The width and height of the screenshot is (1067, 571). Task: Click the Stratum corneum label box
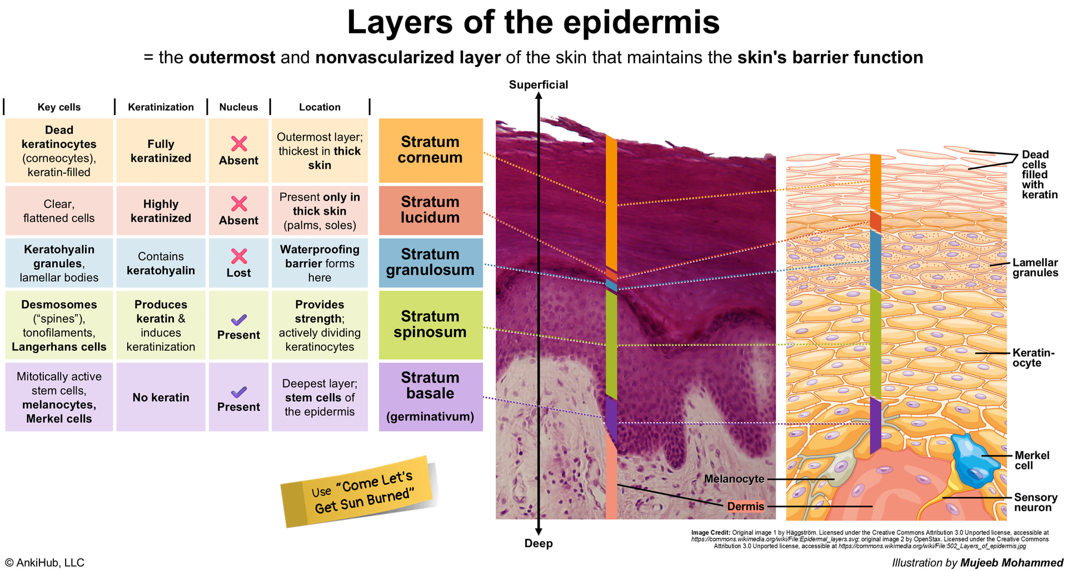(430, 150)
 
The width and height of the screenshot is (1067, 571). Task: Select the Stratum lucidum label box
(430, 210)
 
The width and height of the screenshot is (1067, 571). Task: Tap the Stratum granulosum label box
(430, 262)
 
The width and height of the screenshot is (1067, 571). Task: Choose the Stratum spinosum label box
(430, 325)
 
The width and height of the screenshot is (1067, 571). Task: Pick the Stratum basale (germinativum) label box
(430, 396)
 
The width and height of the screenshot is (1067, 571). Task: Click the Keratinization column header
(161, 107)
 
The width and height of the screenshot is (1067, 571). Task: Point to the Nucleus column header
(238, 107)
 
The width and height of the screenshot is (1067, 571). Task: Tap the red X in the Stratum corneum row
(239, 144)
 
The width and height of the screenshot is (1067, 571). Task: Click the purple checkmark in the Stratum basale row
(239, 392)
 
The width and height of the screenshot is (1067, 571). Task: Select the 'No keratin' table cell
(161, 397)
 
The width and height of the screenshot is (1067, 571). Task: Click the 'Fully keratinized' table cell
(161, 151)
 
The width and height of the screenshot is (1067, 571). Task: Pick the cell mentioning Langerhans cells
(59, 325)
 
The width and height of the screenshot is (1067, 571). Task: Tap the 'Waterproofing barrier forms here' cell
(320, 263)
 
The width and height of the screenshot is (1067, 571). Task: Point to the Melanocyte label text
(734, 479)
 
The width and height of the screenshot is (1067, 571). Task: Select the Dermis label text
(745, 506)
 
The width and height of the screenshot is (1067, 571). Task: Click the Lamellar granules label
(1035, 267)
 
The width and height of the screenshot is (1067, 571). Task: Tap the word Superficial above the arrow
(538, 85)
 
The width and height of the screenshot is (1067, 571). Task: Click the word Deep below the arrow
(538, 543)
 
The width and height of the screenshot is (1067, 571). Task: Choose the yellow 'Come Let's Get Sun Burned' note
(360, 491)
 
